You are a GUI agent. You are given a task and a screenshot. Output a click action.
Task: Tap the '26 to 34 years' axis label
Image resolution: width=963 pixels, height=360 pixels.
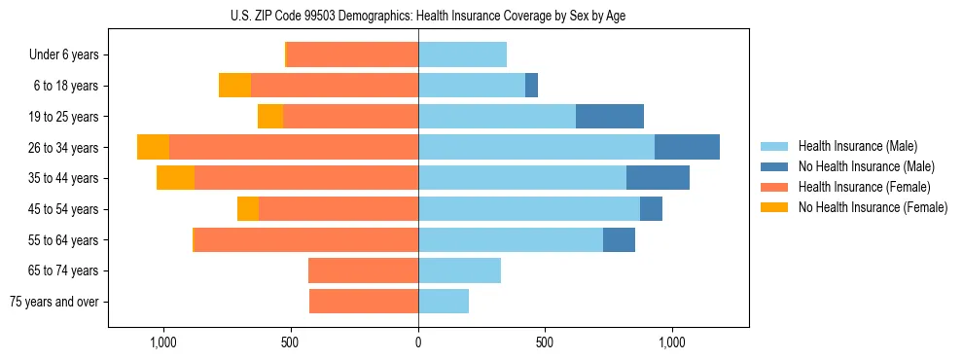point(64,148)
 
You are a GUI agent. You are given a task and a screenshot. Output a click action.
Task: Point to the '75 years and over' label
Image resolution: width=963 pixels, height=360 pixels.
point(54,302)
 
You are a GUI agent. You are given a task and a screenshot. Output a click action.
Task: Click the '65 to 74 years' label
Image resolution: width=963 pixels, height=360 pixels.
point(64,270)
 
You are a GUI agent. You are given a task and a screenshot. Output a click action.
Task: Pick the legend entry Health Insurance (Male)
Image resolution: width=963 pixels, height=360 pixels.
point(857,146)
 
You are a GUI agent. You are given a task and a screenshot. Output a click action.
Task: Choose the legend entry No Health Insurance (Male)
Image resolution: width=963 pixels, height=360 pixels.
point(866,166)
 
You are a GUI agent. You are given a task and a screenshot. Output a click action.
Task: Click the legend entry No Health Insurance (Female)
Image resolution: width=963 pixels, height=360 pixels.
point(873,207)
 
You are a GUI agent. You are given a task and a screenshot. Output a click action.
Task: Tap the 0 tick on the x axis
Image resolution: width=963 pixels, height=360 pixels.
point(418,342)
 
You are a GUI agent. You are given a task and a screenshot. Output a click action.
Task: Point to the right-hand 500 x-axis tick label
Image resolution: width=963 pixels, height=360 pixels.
point(545,342)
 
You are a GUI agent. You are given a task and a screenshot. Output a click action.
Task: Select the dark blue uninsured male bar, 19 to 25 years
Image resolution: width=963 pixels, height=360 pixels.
point(610,117)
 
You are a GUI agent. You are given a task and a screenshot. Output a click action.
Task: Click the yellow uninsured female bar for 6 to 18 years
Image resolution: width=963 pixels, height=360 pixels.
point(234,86)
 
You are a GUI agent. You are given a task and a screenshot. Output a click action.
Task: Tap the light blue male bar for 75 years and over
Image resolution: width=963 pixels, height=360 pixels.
point(444,302)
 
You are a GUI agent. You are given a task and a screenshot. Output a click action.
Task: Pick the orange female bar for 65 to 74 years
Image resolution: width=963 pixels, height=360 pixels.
point(363,270)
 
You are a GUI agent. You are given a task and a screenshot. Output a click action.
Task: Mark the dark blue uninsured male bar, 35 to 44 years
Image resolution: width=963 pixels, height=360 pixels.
point(658,178)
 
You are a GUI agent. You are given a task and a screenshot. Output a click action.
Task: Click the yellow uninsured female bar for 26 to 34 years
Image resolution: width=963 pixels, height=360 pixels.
point(153,147)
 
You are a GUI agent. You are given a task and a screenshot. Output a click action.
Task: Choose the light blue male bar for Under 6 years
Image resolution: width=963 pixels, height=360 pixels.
point(462,54)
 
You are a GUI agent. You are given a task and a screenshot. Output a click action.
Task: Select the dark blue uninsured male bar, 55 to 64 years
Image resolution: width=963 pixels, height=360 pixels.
point(619,239)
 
